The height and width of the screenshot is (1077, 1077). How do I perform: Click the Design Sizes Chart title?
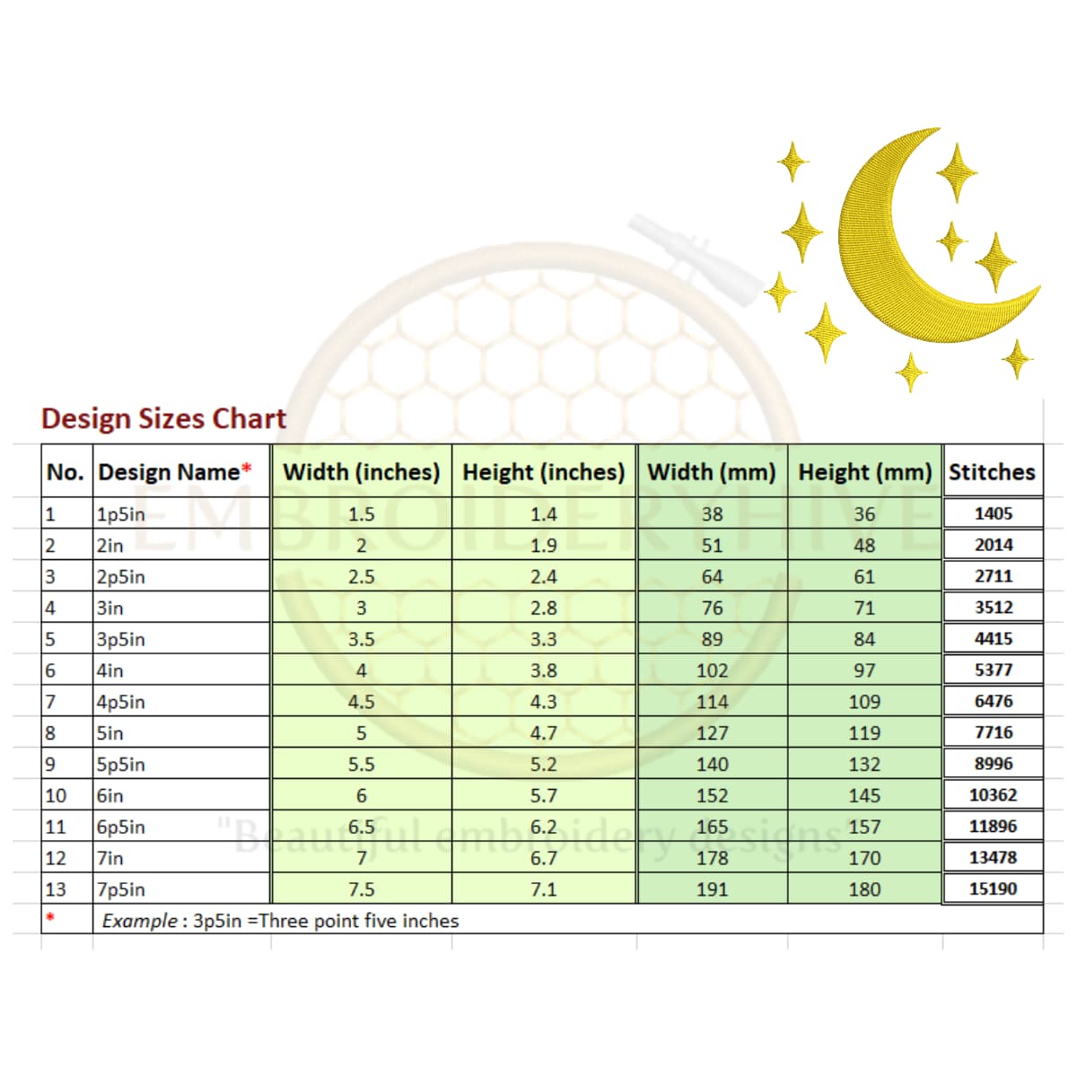click(x=163, y=418)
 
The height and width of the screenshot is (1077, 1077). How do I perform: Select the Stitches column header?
click(x=992, y=472)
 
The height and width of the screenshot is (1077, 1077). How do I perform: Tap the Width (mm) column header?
click(x=712, y=472)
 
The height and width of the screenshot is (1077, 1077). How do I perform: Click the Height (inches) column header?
click(x=543, y=472)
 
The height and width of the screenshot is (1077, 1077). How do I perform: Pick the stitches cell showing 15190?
click(x=993, y=889)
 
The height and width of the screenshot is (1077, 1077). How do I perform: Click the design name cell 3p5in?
click(x=121, y=639)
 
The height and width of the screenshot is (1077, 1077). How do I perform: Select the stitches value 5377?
click(x=993, y=670)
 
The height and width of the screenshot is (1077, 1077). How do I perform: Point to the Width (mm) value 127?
click(x=712, y=733)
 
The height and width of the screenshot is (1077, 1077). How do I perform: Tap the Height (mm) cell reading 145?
click(x=864, y=795)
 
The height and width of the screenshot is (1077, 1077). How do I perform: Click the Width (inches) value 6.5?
click(x=361, y=827)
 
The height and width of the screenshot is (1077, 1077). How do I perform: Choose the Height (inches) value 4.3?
click(x=543, y=702)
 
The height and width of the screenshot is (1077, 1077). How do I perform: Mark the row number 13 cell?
click(x=56, y=889)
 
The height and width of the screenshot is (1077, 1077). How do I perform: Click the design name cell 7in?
click(x=110, y=858)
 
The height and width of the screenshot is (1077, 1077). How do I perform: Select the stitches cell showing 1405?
click(x=993, y=513)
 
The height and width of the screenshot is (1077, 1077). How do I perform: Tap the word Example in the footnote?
click(x=139, y=921)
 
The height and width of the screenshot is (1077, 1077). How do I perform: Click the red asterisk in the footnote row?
click(x=50, y=917)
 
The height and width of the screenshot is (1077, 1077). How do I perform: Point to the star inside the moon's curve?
click(x=951, y=241)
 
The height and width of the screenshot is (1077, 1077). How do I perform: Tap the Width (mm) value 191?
click(x=712, y=889)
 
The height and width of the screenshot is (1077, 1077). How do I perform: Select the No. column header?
click(x=65, y=472)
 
